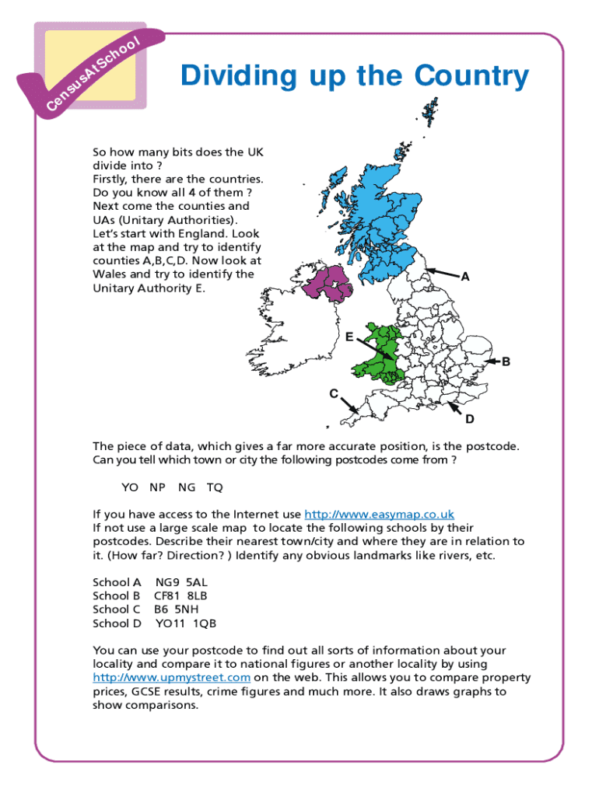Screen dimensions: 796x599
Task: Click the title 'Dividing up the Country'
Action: tap(354, 77)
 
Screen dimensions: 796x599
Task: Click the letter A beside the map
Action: tap(465, 277)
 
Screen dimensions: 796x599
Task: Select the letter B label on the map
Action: tap(506, 361)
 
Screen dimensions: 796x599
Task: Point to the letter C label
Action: tap(332, 393)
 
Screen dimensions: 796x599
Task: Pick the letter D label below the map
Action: tap(469, 420)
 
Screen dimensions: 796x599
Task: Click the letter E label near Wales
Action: tap(350, 337)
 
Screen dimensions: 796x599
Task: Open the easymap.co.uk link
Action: tap(379, 514)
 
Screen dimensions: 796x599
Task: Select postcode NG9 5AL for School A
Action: tap(181, 581)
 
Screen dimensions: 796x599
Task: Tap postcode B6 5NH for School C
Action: tap(177, 609)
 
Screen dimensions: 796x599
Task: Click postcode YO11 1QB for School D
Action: tap(186, 623)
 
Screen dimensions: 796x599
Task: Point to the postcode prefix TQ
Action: tap(215, 487)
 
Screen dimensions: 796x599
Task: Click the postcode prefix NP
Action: tap(158, 487)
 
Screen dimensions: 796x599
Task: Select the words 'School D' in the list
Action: tap(117, 623)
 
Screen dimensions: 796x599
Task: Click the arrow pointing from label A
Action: tap(441, 273)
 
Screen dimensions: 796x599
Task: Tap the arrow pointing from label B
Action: tap(492, 361)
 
